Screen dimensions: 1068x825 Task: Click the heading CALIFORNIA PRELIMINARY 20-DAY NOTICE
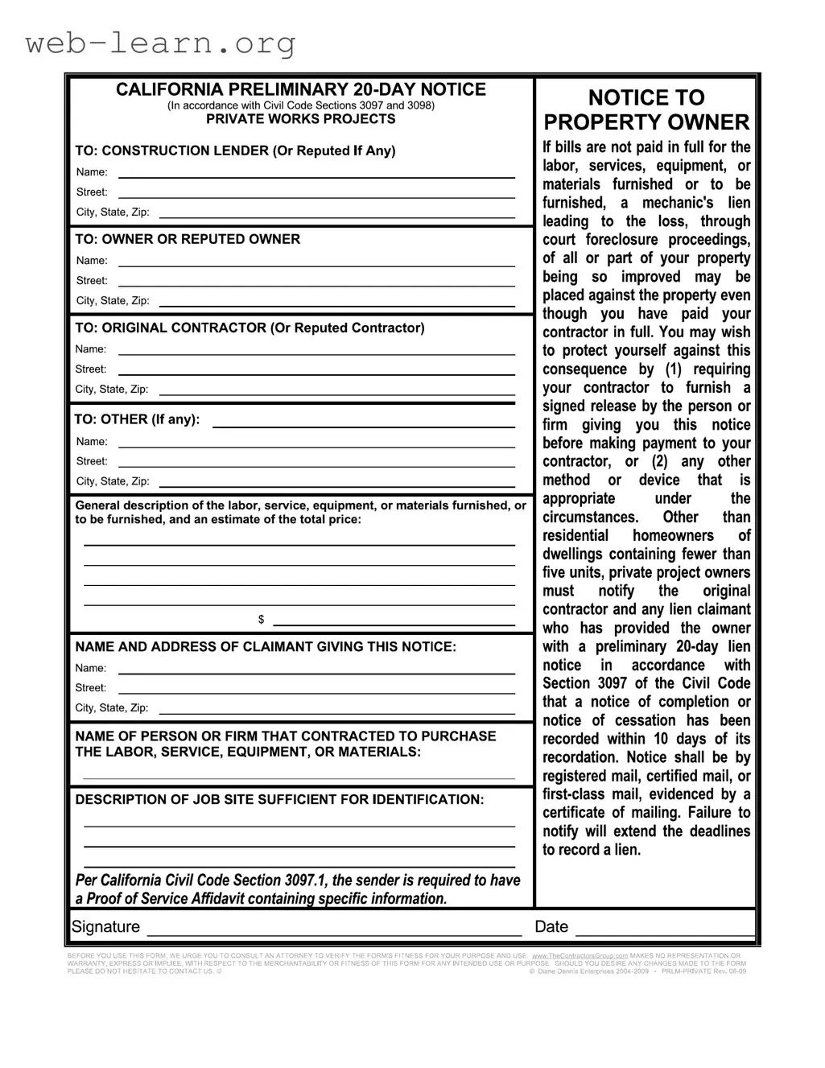point(301,89)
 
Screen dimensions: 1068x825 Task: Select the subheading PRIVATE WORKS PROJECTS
point(301,119)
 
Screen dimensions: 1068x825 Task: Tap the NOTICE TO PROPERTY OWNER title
point(646,110)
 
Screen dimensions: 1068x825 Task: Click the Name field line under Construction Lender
point(316,175)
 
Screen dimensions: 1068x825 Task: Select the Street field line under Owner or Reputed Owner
point(316,283)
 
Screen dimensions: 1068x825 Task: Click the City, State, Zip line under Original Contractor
point(336,392)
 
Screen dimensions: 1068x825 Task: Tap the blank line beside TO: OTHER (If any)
point(363,424)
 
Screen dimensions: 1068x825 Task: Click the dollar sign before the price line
point(261,620)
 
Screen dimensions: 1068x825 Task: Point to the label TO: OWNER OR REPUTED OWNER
point(188,239)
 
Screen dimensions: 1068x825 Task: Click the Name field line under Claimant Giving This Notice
point(316,671)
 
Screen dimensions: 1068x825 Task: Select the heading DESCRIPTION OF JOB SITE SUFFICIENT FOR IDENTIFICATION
point(279,799)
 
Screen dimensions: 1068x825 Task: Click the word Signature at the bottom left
point(105,927)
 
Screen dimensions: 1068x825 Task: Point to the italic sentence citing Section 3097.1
point(298,889)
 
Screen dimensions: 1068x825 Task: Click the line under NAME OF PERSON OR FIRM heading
point(299,777)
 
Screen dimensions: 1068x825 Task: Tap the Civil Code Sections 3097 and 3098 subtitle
point(301,105)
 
